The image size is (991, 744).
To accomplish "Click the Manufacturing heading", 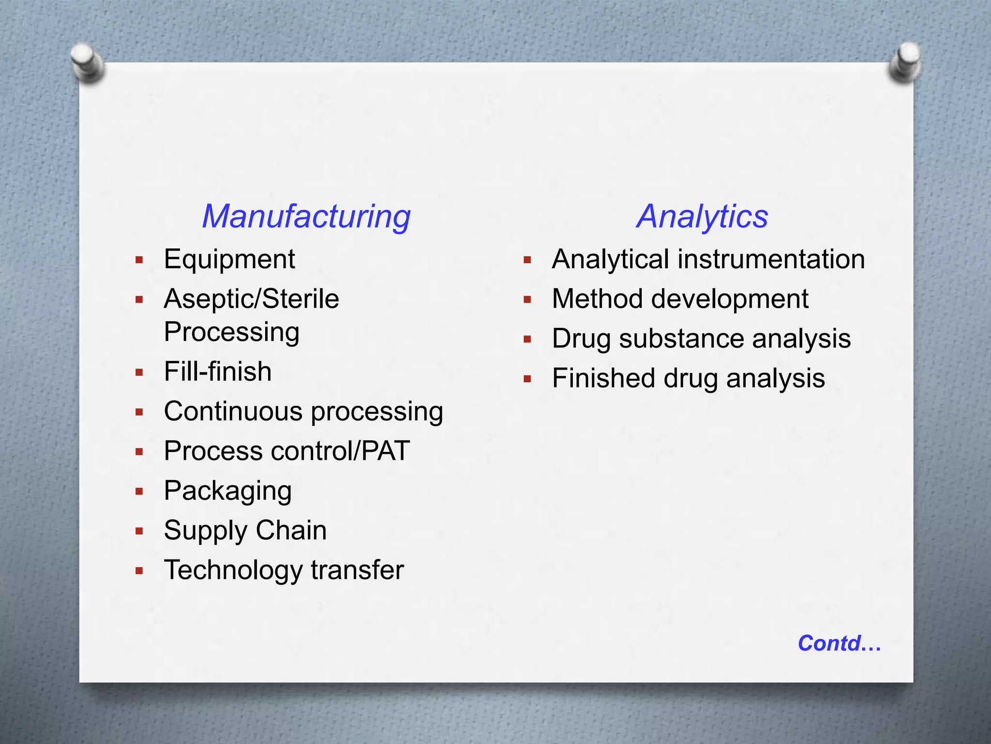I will click(306, 216).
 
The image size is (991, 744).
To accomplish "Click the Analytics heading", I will click(702, 216).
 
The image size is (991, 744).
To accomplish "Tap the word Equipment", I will click(229, 259).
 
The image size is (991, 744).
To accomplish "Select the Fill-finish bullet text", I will click(218, 372).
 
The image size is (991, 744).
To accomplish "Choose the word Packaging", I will click(228, 491).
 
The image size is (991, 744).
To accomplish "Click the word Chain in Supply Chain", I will click(291, 530).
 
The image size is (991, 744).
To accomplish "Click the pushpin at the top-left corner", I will click(87, 62).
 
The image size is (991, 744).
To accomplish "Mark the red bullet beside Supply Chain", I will click(139, 531).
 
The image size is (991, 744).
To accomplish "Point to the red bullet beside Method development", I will click(527, 300).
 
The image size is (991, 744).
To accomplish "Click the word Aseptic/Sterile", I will click(252, 299).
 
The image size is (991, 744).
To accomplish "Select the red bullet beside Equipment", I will click(139, 260).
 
